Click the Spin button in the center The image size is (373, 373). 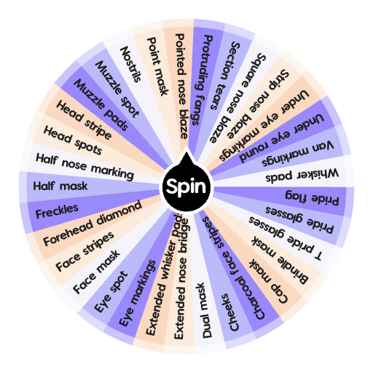click(186, 187)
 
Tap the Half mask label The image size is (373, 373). click(60, 186)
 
